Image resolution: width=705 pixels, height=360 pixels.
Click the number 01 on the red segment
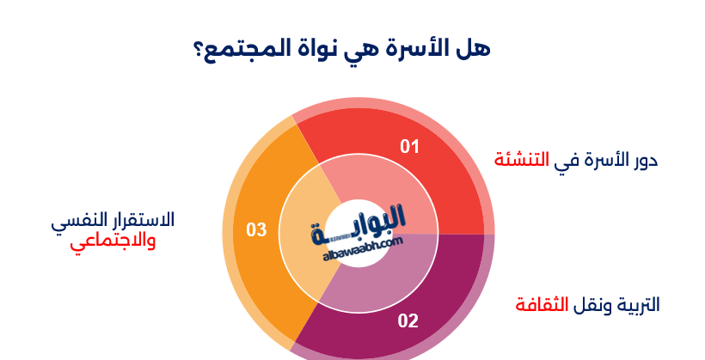pyautogui.click(x=410, y=147)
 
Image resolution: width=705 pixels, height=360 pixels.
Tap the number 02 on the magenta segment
pyautogui.click(x=408, y=321)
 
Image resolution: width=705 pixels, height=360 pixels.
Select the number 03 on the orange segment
pyautogui.click(x=256, y=229)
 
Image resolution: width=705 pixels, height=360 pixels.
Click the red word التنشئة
pyautogui.click(x=521, y=160)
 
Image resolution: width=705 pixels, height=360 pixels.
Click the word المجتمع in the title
pyautogui.click(x=254, y=48)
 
